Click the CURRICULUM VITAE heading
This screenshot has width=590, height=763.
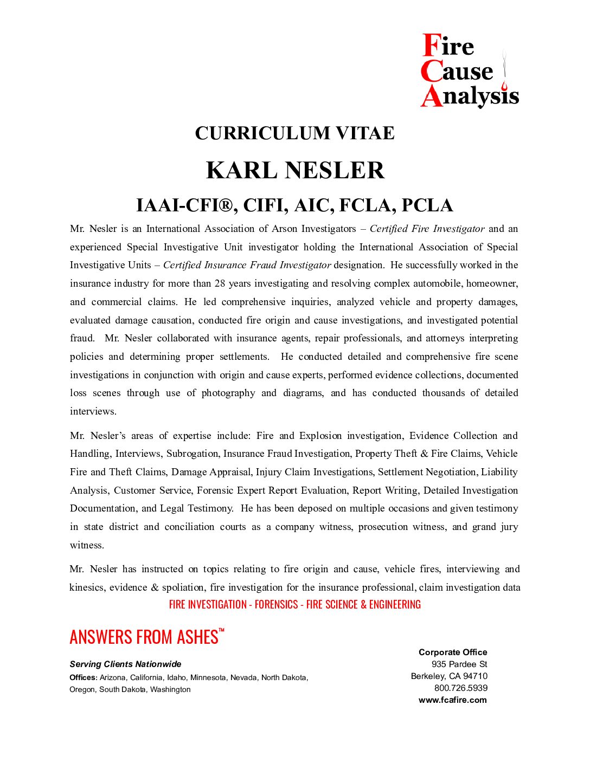[294, 133]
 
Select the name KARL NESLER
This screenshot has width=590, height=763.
[295, 170]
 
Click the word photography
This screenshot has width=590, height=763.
[228, 393]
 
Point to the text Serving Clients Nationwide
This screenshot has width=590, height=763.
[125, 664]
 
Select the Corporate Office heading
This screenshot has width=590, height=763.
[453, 652]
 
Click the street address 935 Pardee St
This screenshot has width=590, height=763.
[459, 664]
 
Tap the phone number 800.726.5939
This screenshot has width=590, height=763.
[460, 688]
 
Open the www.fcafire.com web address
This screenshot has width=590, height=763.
[452, 700]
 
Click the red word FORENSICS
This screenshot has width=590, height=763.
[276, 605]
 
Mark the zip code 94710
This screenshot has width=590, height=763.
[475, 676]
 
